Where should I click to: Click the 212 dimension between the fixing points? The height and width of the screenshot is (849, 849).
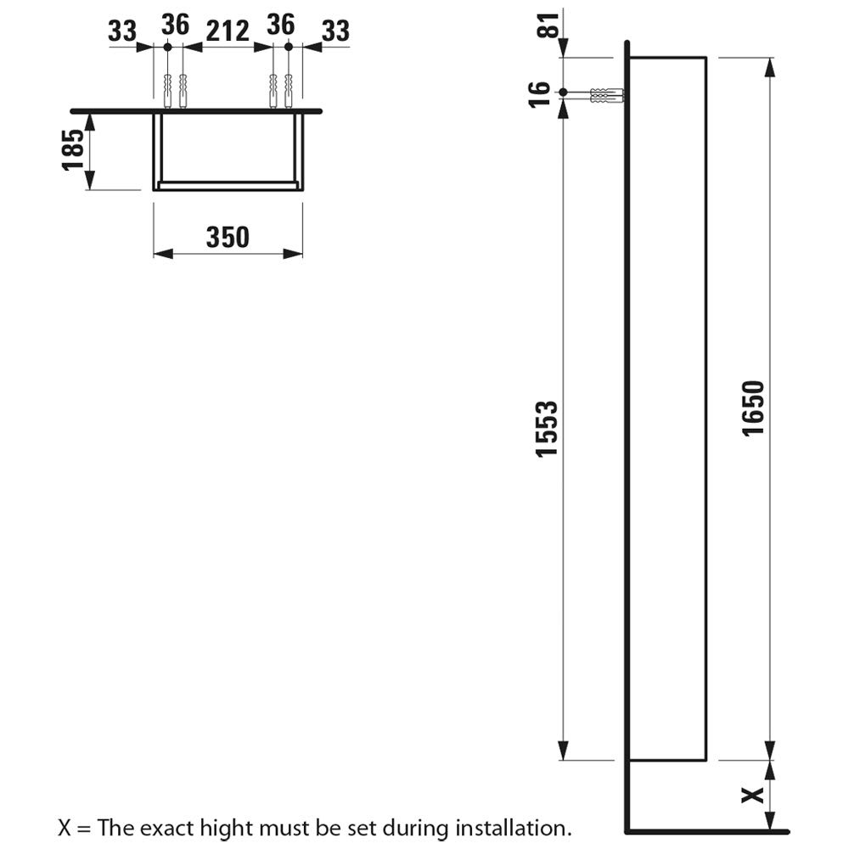pyautogui.click(x=227, y=31)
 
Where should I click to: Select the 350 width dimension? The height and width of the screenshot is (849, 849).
pyautogui.click(x=228, y=237)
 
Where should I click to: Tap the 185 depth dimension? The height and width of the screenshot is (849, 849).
pyautogui.click(x=74, y=149)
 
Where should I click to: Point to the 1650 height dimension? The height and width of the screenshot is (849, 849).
pyautogui.click(x=753, y=408)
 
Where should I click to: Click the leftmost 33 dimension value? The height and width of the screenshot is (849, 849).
pyautogui.click(x=122, y=31)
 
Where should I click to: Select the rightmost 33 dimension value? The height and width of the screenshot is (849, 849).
pyautogui.click(x=335, y=31)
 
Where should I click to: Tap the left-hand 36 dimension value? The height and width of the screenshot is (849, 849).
pyautogui.click(x=174, y=25)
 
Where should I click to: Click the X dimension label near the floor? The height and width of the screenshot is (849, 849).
pyautogui.click(x=750, y=796)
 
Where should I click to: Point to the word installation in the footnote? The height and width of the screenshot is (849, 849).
pyautogui.click(x=512, y=826)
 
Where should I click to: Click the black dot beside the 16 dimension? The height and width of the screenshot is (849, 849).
pyautogui.click(x=562, y=91)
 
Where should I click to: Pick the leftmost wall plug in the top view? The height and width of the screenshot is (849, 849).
pyautogui.click(x=166, y=89)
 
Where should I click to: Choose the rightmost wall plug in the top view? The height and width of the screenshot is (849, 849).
pyautogui.click(x=289, y=89)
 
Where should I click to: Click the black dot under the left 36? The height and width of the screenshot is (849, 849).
pyautogui.click(x=167, y=48)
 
